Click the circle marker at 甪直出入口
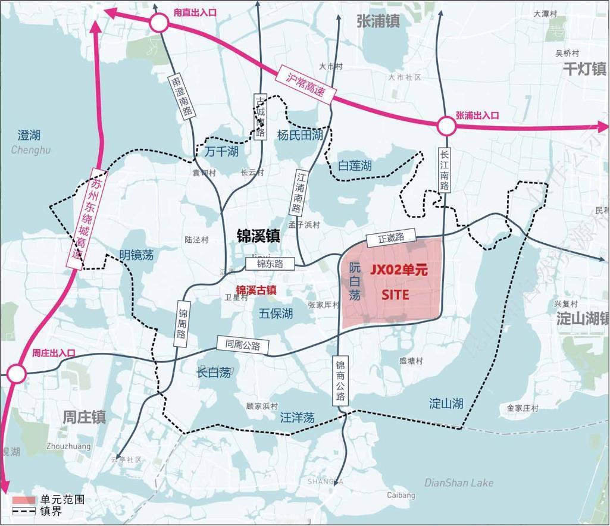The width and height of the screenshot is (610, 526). click(x=159, y=23)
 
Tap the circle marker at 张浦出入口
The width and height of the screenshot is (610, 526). click(x=446, y=126)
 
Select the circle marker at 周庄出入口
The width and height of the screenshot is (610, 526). click(x=17, y=374)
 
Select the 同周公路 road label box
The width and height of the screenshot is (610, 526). click(x=242, y=344)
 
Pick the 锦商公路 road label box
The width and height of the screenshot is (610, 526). click(x=340, y=381)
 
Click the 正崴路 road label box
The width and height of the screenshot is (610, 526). click(x=391, y=237)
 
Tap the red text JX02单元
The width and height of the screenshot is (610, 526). click(x=399, y=270)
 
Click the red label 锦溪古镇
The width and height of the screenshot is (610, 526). click(x=256, y=290)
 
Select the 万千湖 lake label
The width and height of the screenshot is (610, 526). click(x=221, y=152)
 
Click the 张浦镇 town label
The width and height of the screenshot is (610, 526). click(x=378, y=21)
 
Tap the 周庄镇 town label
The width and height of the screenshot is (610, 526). click(x=85, y=417)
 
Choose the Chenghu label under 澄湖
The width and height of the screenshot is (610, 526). click(x=31, y=150)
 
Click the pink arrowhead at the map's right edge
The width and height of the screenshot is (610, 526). click(x=602, y=126)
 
